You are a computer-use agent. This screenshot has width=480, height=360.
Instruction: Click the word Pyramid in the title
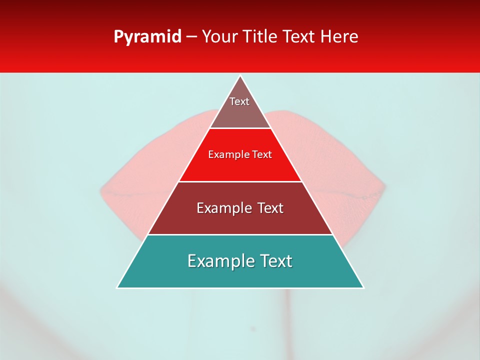click(x=147, y=37)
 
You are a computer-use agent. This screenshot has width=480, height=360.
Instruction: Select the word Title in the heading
click(x=261, y=37)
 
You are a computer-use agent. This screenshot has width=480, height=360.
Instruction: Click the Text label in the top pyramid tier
click(x=239, y=101)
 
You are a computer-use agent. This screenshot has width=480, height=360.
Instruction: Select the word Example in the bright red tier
click(x=227, y=155)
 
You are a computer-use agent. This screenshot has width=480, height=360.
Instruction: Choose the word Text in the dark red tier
click(x=270, y=208)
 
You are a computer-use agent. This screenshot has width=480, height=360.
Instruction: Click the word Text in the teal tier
click(x=275, y=261)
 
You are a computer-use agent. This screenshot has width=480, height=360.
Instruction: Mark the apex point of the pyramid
click(x=240, y=76)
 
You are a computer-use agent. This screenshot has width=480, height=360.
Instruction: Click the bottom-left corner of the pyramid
click(x=117, y=287)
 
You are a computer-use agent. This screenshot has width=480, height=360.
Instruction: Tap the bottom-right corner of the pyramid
click(x=363, y=287)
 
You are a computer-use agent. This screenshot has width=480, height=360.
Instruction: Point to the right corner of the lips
click(x=385, y=189)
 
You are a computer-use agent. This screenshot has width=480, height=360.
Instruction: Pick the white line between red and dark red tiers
click(x=240, y=181)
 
